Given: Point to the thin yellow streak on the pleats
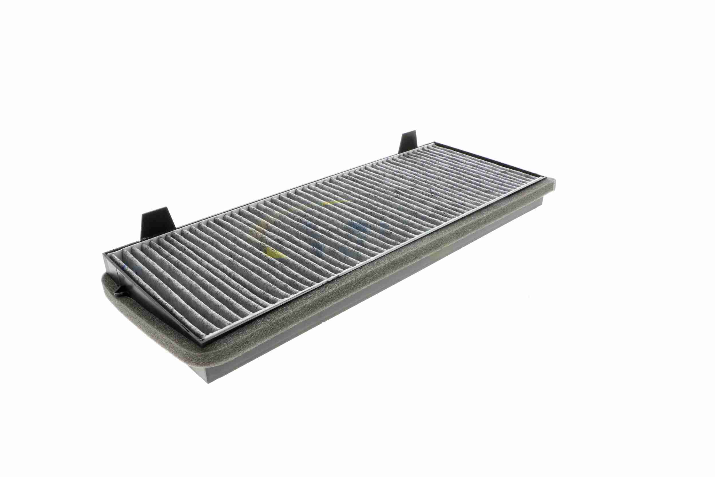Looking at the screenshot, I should pos(334,202).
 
